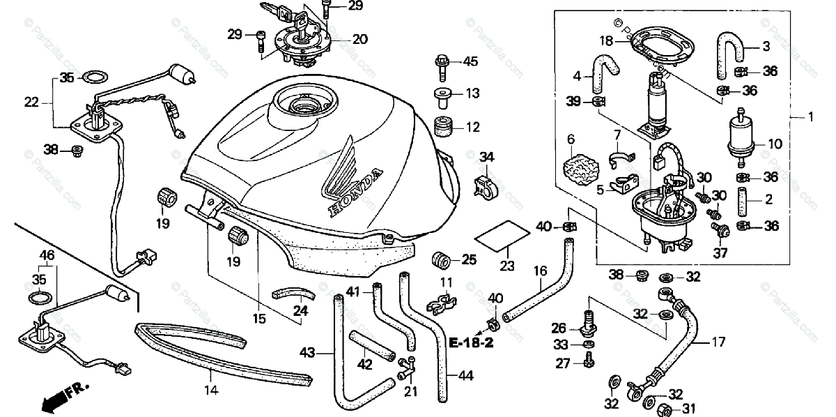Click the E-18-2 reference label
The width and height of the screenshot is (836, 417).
(471, 344)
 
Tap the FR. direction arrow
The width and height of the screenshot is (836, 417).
(56, 400)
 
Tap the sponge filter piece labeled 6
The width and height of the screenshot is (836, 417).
(580, 167)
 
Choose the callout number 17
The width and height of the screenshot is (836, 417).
(718, 342)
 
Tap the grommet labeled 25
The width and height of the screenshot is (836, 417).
(441, 260)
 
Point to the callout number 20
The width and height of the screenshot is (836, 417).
(359, 39)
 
